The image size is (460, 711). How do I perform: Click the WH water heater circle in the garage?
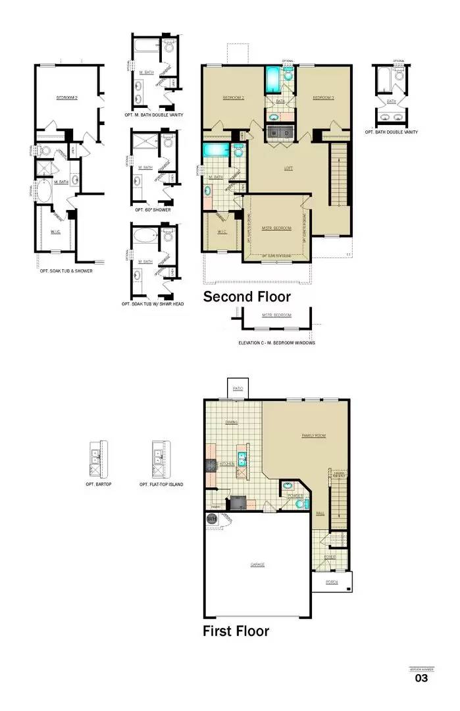point(212,519)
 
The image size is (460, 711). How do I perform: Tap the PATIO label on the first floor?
point(238,389)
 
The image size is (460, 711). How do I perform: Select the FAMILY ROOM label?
point(313,436)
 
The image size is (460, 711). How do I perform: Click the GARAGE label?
point(257,565)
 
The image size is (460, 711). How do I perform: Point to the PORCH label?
point(332,582)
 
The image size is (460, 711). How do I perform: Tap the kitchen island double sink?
point(242,459)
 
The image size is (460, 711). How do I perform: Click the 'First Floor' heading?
point(236,631)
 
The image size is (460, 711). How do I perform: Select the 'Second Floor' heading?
point(247,297)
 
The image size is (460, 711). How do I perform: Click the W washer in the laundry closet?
point(274,133)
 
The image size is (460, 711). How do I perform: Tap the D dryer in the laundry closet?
point(288,133)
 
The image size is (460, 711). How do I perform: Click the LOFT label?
point(288,169)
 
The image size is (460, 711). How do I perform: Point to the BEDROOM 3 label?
point(323,98)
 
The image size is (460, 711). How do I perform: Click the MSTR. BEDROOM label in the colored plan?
point(276,228)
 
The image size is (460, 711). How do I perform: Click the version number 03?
point(421,678)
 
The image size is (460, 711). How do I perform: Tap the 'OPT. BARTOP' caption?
point(97,485)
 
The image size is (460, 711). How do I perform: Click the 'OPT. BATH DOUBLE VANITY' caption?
point(392,132)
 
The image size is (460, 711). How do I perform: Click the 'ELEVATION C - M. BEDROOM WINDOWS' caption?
point(276,343)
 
